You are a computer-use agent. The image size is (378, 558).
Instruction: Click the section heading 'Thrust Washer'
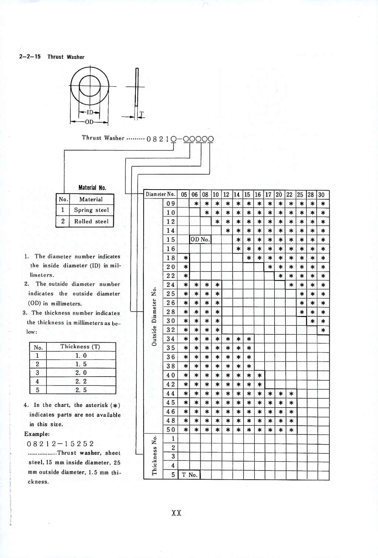click(x=66, y=57)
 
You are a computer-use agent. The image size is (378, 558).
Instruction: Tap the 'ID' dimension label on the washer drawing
click(x=90, y=112)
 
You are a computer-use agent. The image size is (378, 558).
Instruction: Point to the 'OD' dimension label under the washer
click(x=89, y=122)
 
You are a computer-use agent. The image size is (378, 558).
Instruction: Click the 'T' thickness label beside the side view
click(x=141, y=114)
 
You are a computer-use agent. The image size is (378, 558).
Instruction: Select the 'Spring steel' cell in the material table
click(x=91, y=210)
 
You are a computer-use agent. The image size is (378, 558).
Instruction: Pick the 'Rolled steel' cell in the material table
click(x=91, y=221)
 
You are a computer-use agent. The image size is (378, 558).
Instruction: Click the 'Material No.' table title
click(x=92, y=188)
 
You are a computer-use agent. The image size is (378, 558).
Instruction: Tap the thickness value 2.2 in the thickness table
click(x=81, y=381)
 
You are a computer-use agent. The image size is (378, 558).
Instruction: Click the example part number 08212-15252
click(x=61, y=443)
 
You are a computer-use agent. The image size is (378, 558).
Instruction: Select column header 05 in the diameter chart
click(x=184, y=194)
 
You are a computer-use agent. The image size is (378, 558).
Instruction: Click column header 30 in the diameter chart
click(x=322, y=194)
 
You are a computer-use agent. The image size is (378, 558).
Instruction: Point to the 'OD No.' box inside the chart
click(x=200, y=239)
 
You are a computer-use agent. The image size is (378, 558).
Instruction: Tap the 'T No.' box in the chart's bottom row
click(x=189, y=475)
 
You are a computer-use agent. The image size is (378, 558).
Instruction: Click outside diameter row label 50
click(x=171, y=430)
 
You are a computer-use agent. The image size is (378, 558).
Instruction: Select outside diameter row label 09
click(x=171, y=204)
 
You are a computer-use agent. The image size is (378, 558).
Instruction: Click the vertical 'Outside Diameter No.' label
click(x=154, y=316)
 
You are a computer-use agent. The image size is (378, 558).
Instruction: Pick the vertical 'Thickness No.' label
click(x=154, y=455)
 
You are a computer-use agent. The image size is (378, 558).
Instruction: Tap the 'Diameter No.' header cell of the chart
click(x=160, y=194)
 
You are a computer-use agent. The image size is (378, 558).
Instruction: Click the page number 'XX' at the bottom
click(x=176, y=513)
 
